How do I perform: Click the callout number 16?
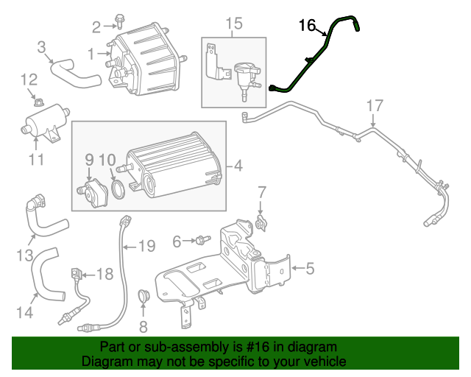click(x=307, y=26)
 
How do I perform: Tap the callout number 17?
click(x=375, y=105)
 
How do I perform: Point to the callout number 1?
click(x=91, y=54)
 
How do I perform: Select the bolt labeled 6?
click(x=202, y=239)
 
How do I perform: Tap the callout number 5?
click(x=309, y=269)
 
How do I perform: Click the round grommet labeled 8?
click(x=144, y=297)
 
